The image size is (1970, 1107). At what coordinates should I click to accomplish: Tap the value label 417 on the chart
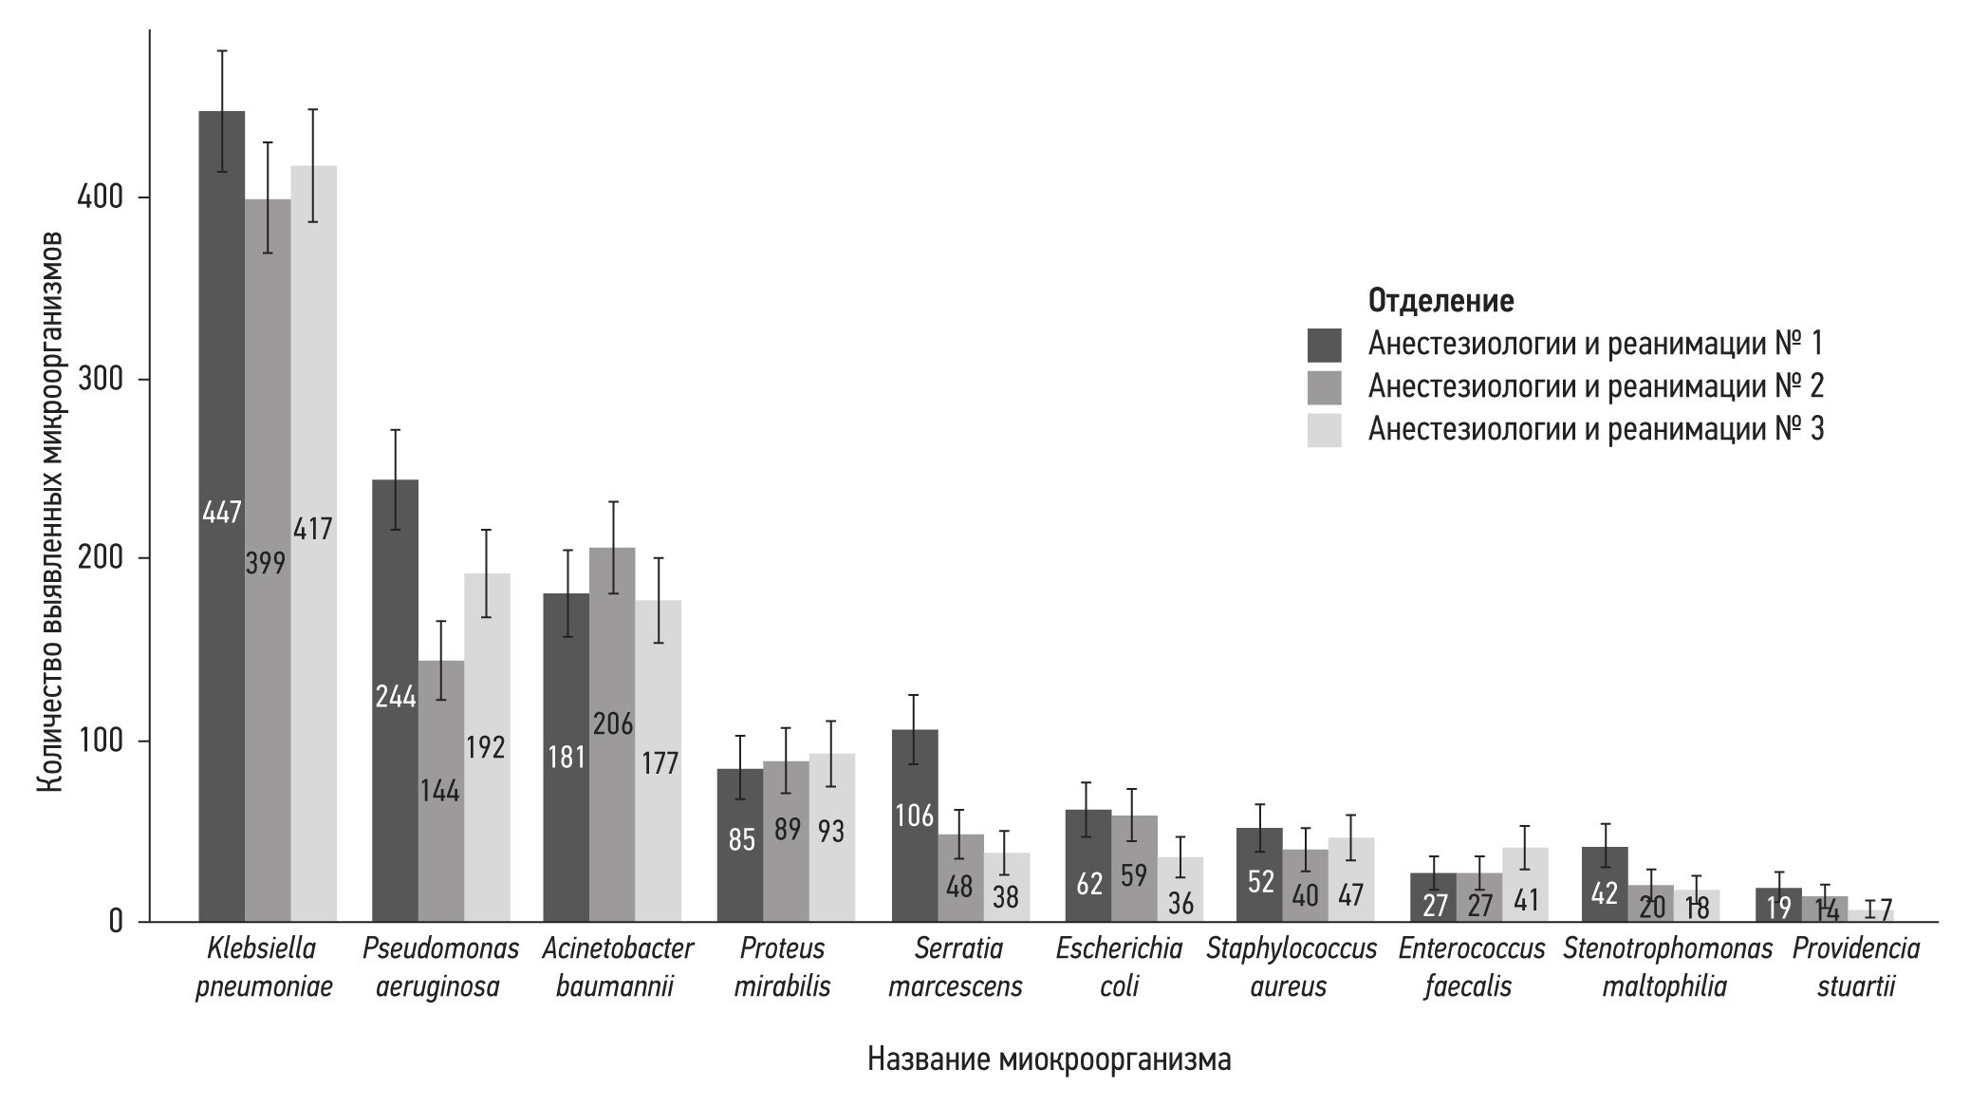(312, 528)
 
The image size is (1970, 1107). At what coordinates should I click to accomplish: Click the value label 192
(485, 747)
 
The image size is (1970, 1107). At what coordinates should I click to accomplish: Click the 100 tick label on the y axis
(105, 741)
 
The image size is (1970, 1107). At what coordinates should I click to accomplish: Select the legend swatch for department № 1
(1324, 346)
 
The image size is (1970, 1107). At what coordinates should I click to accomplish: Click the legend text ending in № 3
(1595, 430)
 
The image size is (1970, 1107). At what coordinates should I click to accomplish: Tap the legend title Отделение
(1440, 301)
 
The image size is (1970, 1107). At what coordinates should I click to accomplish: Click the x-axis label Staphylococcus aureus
(1292, 966)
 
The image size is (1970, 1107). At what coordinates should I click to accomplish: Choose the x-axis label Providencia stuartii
(1855, 966)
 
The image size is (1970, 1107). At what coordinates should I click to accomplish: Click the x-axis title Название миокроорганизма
(1049, 1060)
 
